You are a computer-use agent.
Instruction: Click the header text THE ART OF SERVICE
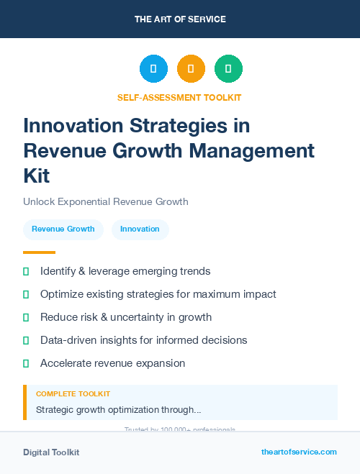tap(180, 19)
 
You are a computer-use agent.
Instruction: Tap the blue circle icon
tap(153, 69)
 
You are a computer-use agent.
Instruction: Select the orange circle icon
tap(191, 69)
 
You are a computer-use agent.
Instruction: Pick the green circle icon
tap(228, 69)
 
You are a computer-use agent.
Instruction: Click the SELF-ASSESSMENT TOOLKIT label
tap(179, 97)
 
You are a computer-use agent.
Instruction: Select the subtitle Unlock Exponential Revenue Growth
tap(106, 201)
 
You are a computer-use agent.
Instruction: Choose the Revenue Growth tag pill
tap(63, 229)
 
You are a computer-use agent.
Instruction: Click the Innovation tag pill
tap(140, 229)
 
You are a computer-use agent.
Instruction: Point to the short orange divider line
tap(39, 252)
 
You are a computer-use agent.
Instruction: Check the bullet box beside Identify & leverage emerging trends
tap(26, 271)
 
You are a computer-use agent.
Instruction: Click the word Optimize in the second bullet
tap(62, 294)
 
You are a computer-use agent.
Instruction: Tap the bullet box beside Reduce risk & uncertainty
tap(26, 317)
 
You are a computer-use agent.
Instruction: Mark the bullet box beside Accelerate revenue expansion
tap(26, 363)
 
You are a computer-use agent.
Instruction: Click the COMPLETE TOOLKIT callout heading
tap(73, 394)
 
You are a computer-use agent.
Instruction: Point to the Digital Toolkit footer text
tap(51, 452)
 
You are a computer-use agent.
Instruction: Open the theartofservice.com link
tap(299, 452)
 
